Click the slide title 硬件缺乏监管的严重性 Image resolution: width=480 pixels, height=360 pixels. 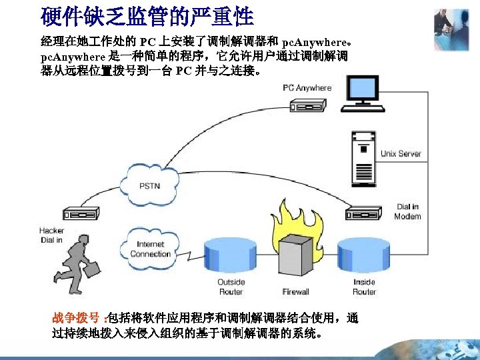coord(147,15)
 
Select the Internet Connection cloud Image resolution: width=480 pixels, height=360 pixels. coord(150,249)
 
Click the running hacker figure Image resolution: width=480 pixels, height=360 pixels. coord(79,265)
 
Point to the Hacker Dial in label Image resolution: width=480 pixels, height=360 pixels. coord(51,235)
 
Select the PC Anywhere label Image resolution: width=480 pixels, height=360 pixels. coord(307,88)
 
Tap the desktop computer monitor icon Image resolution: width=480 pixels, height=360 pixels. coord(365,96)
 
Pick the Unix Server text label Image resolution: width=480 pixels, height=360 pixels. coord(401,153)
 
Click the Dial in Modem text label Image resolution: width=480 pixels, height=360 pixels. coord(407,211)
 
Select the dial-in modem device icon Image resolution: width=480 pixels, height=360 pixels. coord(364,213)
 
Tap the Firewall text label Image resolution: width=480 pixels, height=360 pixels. coord(295,291)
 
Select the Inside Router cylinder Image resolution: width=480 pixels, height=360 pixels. coord(363,257)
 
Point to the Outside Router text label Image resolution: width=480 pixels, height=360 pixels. coord(231,287)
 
